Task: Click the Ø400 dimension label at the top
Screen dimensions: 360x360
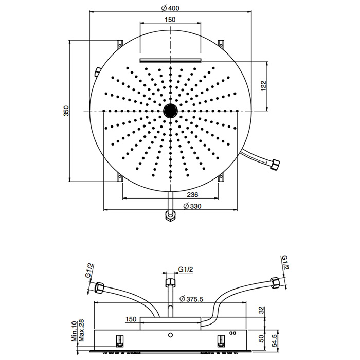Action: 170,8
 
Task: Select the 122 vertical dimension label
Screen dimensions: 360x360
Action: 263,86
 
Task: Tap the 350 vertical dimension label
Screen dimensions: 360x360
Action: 66,111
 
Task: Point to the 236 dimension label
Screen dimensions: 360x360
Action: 192,195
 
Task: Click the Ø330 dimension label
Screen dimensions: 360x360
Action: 192,206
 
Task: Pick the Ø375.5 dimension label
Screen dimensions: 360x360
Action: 191,299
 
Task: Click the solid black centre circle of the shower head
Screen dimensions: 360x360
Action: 170,111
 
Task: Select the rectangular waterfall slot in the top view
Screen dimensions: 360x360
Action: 170,60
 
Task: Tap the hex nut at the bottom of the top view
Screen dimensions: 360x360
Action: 170,216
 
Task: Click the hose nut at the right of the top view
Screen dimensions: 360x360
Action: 275,165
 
